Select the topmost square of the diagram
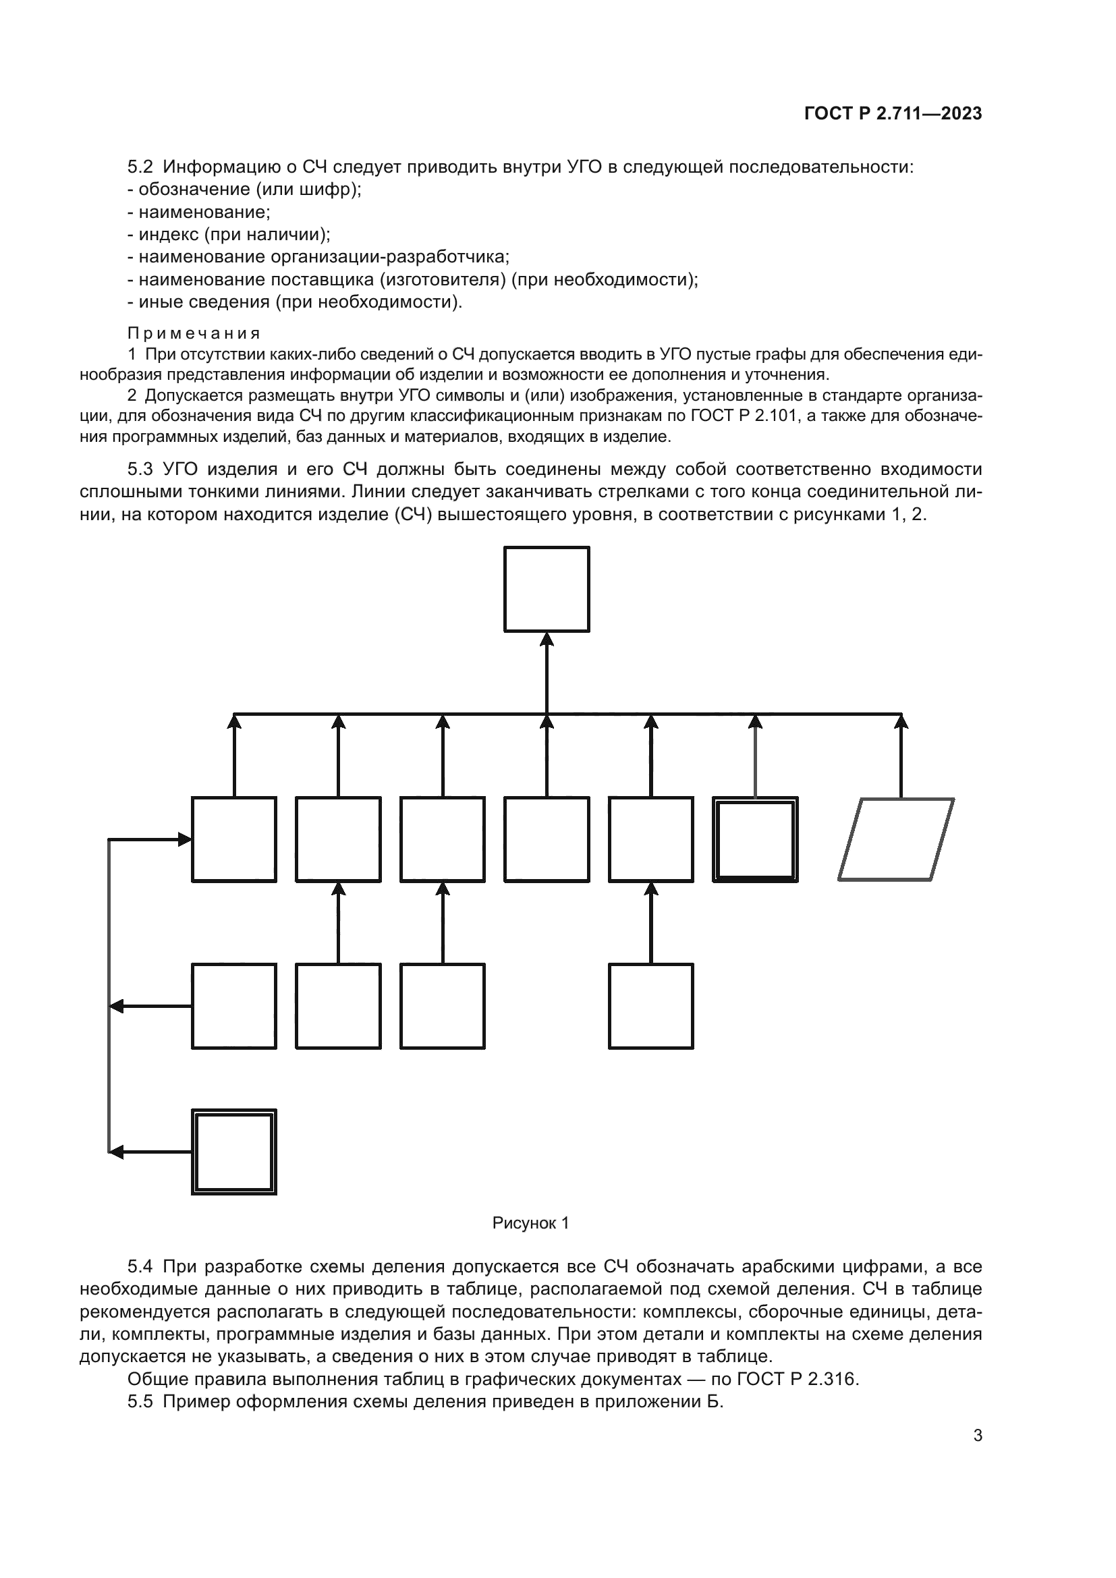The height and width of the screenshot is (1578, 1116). pos(547,589)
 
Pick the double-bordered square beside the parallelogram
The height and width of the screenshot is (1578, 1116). pos(755,839)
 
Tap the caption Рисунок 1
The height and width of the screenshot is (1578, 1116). pos(530,1222)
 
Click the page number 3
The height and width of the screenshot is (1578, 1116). pos(977,1435)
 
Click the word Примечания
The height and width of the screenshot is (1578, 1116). pos(194,333)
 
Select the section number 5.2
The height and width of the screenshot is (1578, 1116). pos(140,167)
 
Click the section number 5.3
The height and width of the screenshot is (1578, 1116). pos(140,470)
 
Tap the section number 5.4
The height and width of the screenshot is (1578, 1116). pos(140,1266)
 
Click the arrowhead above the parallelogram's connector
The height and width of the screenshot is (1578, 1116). pos(901,722)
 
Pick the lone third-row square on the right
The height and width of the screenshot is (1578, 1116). pos(650,1006)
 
